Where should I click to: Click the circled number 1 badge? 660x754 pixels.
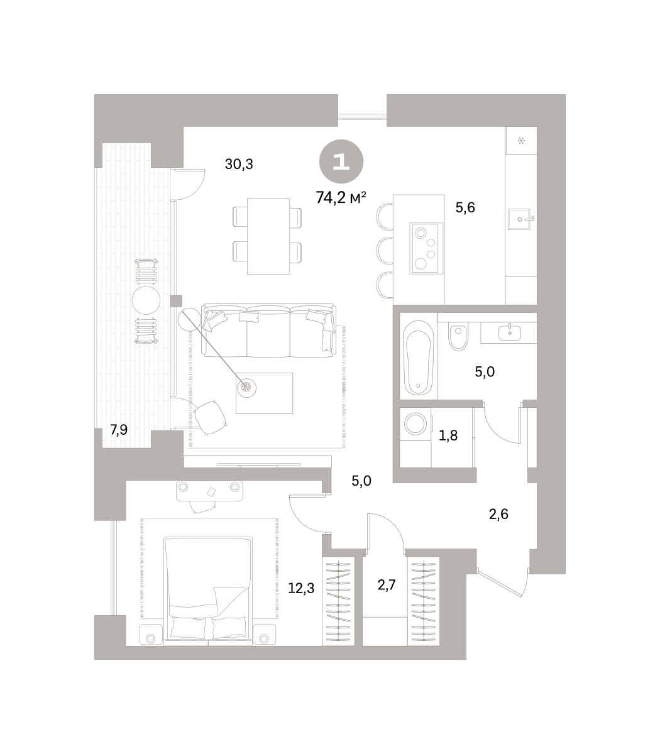341,161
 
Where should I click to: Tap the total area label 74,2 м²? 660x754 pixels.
341,198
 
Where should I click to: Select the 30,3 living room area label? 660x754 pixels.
239,164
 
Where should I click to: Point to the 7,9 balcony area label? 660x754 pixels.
119,429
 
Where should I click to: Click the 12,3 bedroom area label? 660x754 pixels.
301,588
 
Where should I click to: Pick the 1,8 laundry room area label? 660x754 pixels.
448,435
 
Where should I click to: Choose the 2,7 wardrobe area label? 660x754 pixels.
387,585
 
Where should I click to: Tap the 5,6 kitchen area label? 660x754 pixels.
465,207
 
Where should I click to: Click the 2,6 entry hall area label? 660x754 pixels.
498,514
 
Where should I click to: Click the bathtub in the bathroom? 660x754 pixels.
418,358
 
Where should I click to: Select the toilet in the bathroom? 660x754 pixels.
458,336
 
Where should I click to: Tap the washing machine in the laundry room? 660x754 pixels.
415,423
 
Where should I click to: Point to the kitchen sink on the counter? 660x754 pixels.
520,219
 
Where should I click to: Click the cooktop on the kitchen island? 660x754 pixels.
426,248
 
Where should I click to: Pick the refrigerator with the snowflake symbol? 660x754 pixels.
521,140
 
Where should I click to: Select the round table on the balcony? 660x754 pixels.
146,300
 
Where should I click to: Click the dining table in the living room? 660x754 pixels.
268,236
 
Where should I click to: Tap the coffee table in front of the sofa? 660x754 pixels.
265,393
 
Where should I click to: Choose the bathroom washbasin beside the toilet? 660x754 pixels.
510,332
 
